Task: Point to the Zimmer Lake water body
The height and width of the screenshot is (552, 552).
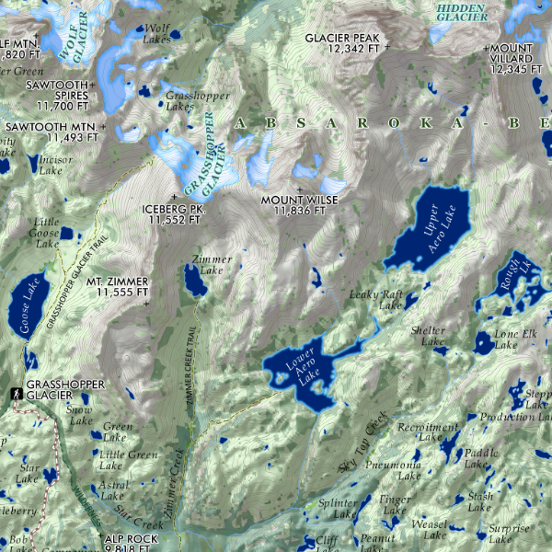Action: coord(194,281)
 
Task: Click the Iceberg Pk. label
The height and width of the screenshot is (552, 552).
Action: coord(172,214)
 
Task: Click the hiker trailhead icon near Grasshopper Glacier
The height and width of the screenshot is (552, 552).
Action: coord(17,394)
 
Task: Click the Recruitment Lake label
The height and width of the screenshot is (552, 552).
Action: coord(427,432)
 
